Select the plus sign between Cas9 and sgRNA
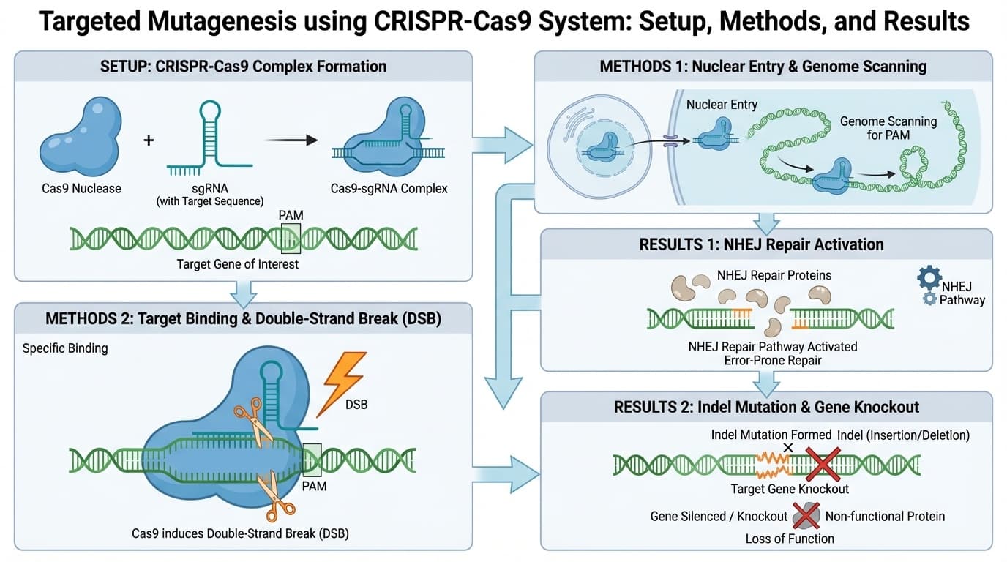coord(149,139)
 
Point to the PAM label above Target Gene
coord(291,216)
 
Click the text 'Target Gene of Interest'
coord(238,263)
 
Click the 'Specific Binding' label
coord(65,348)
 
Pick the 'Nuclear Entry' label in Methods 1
coord(722,105)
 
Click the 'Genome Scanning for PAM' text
coord(888,128)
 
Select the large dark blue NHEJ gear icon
coord(929,278)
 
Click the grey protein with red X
coord(805,516)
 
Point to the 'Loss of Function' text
coord(789,539)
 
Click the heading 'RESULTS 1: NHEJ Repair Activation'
coord(762,244)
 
